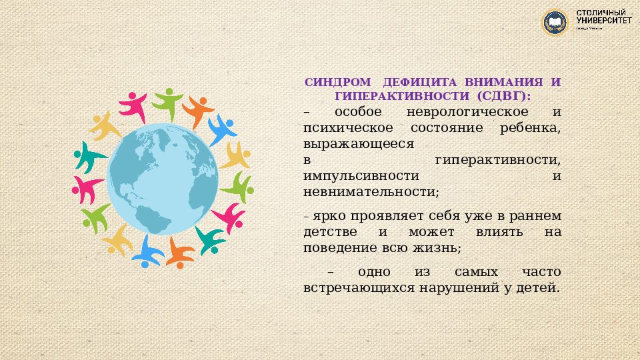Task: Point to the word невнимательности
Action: click(370, 192)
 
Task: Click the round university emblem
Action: click(555, 22)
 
